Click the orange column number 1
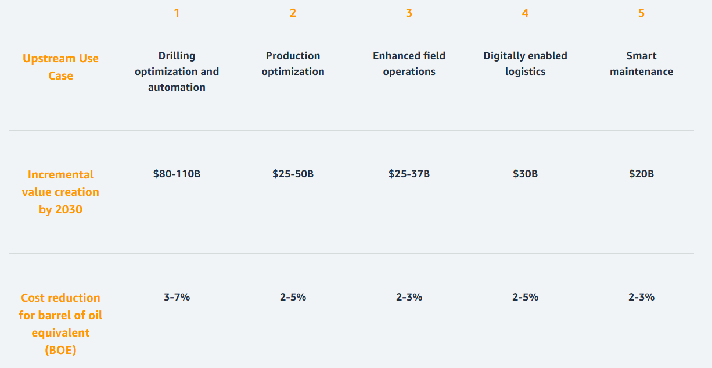coord(177,13)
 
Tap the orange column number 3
coord(409,13)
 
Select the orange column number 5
coord(641,13)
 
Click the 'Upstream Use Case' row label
coord(60,67)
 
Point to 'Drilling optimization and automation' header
coord(177,72)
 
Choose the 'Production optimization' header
coord(293,64)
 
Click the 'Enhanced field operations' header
coord(409,64)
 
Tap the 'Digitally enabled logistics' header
coord(525,64)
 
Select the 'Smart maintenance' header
coord(641,64)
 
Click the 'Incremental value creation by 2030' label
coord(60,192)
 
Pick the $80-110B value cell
coord(177,174)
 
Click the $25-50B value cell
coord(293,174)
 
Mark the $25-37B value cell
coord(409,174)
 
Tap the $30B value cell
coord(525,174)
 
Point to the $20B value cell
coord(641,174)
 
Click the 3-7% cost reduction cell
coord(177,297)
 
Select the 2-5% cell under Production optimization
coord(293,297)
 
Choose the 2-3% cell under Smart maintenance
coord(641,297)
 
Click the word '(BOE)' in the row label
coord(60,350)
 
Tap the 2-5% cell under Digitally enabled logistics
coord(525,297)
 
